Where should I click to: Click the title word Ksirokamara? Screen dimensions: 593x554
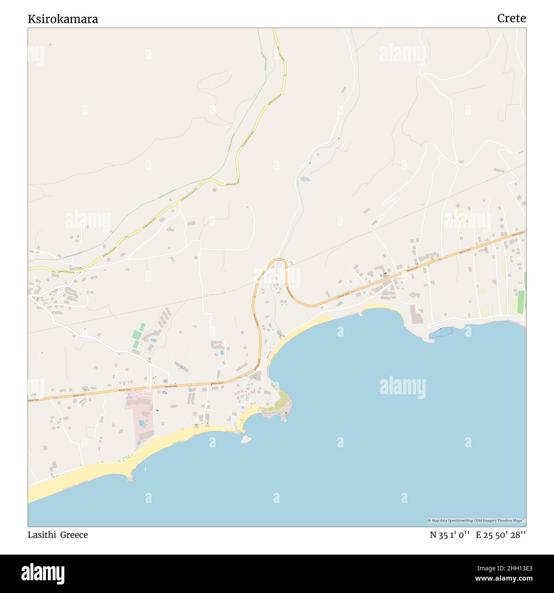[x=63, y=19]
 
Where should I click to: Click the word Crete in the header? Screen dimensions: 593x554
[x=511, y=18]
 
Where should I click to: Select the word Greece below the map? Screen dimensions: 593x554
[x=74, y=535]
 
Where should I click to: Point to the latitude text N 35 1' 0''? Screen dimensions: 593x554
[x=450, y=535]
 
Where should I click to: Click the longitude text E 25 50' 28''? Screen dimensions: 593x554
[x=501, y=535]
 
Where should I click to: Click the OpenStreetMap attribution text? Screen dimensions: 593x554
[x=476, y=520]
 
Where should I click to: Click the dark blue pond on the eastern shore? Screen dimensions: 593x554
[x=441, y=332]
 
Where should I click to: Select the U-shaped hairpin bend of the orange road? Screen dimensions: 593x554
[x=279, y=261]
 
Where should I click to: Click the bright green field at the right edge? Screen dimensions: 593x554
[x=521, y=300]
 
